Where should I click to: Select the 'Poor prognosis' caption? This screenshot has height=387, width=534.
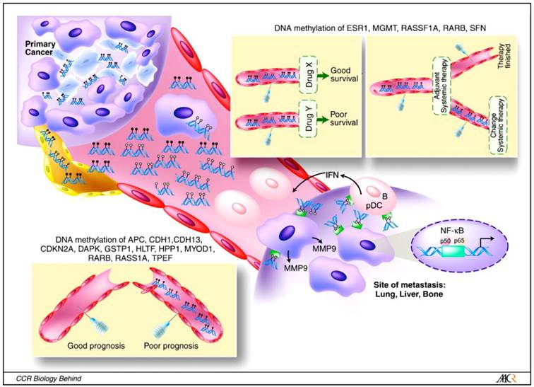click(174, 347)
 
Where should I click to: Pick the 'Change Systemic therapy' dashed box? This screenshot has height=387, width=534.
click(498, 137)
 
